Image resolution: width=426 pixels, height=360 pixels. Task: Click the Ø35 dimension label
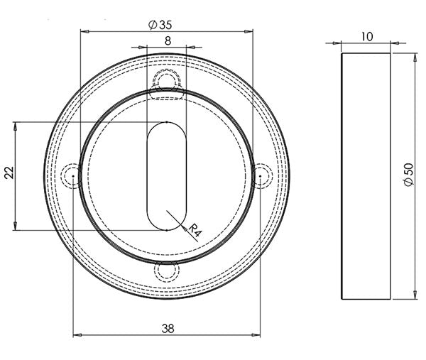[161, 24]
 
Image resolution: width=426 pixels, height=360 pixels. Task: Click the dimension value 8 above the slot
[167, 41]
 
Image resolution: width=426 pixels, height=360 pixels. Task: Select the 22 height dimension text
[9, 173]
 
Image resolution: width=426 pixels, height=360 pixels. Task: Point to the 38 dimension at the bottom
[167, 328]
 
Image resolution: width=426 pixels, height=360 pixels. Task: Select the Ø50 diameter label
[408, 174]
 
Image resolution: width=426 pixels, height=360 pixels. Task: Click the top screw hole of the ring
[167, 79]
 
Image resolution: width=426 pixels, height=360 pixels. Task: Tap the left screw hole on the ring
[72, 175]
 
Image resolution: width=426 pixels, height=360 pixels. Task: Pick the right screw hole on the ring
[261, 175]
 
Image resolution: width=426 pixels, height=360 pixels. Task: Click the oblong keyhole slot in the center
[167, 176]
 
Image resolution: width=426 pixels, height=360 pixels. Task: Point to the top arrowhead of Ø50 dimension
[414, 57]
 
